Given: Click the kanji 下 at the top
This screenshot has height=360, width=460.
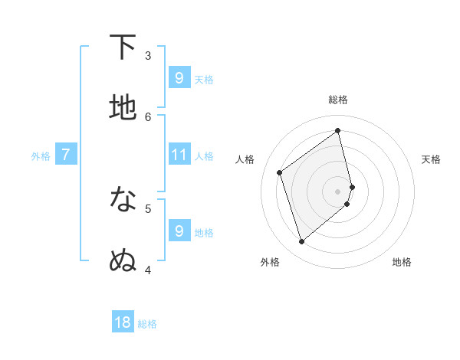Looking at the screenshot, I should (x=123, y=47).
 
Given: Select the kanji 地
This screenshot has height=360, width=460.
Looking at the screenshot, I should (x=123, y=108).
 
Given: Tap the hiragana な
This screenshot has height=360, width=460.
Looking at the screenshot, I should (x=123, y=200).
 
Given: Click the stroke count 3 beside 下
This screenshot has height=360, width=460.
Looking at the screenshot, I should (x=148, y=55).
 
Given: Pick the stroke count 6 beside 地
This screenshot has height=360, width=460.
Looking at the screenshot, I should (x=148, y=116).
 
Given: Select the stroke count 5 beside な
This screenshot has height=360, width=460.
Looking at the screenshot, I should (x=148, y=208).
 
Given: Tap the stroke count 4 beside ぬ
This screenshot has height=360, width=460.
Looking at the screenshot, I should (x=148, y=269).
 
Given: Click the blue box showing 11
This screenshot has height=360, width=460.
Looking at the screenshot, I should (x=179, y=155).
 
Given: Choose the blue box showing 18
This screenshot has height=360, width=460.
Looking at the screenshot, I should (x=123, y=322).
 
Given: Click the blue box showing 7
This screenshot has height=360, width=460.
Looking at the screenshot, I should (x=66, y=155).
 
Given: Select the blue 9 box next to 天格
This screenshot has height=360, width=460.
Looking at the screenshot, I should (x=179, y=77).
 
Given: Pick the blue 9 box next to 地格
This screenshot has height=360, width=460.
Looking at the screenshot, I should (x=179, y=231).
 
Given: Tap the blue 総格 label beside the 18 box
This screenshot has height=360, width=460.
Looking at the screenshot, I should (x=147, y=324).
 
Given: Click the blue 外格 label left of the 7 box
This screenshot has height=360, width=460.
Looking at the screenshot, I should (x=41, y=156).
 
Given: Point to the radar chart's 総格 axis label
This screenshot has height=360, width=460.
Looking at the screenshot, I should (x=338, y=100).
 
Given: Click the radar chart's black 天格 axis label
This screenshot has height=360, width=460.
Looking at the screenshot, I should (x=432, y=159).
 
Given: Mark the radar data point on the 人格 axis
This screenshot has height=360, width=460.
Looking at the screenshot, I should (x=280, y=172).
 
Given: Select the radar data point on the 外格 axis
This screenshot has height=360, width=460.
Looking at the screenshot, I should (x=301, y=242).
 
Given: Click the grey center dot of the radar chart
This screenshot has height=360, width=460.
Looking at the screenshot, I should (x=338, y=191).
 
